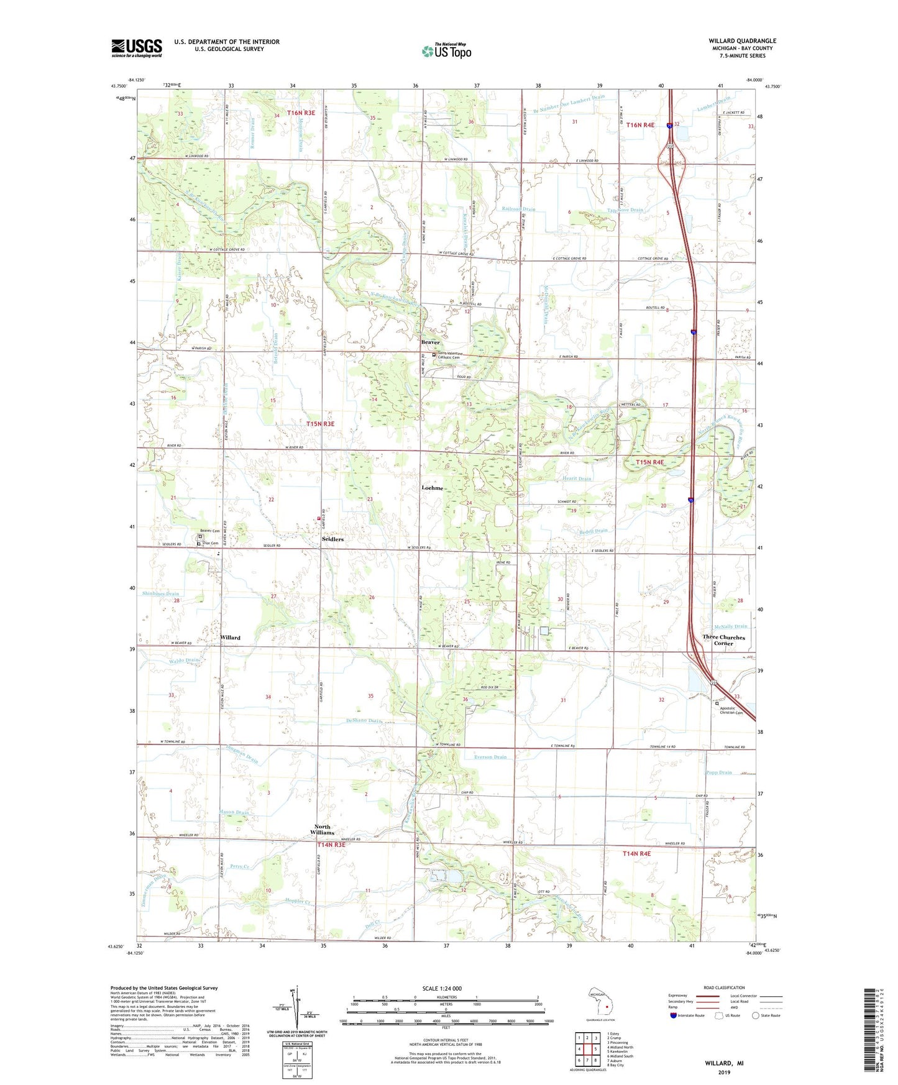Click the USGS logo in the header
pyautogui.click(x=136, y=47)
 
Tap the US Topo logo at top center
pyautogui.click(x=446, y=51)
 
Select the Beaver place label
pyautogui.click(x=430, y=342)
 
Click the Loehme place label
pyautogui.click(x=432, y=488)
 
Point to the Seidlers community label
pyautogui.click(x=332, y=539)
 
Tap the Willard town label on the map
pyautogui.click(x=230, y=638)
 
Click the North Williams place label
pyautogui.click(x=322, y=830)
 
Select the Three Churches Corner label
pyautogui.click(x=723, y=640)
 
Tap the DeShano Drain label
pyautogui.click(x=364, y=721)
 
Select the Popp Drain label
pyautogui.click(x=719, y=772)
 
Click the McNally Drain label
pyautogui.click(x=731, y=626)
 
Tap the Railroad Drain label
pyautogui.click(x=518, y=209)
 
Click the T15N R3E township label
pyautogui.click(x=320, y=424)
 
